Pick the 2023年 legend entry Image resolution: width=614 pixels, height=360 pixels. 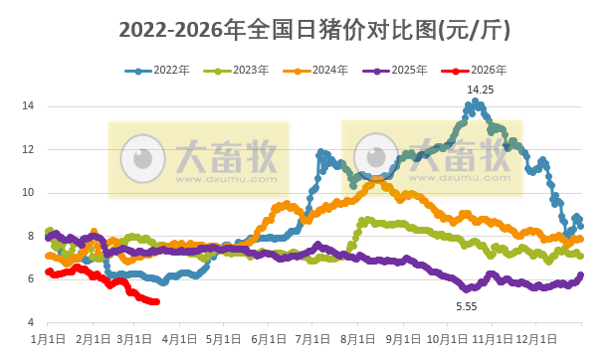pos(236,71)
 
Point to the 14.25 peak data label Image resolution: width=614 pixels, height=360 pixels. pos(482,90)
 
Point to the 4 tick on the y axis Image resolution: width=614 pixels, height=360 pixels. pos(32,322)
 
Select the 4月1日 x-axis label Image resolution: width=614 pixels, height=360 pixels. pos(179,341)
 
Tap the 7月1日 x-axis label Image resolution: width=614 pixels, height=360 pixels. pos(312,341)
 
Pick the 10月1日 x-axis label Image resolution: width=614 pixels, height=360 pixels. pos(446,341)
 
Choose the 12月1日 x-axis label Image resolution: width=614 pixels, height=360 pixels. pos(535,341)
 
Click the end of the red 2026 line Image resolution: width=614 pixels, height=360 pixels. pos(156,302)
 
